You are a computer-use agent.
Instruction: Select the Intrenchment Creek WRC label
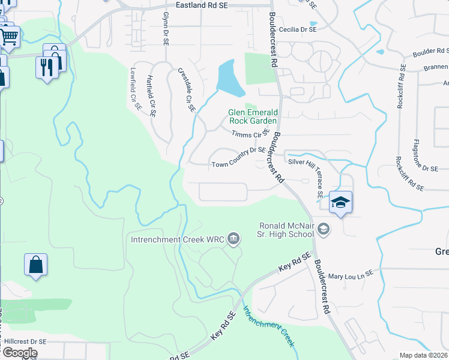tap(178, 240)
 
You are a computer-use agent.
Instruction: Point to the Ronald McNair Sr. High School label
tap(287, 229)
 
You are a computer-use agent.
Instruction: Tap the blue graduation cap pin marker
tap(340, 202)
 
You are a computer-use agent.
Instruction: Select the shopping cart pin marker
tap(9, 36)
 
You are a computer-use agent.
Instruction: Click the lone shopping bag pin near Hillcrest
tap(35, 265)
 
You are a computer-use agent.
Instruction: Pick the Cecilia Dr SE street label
tap(296, 29)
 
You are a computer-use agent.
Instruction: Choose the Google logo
tap(20, 353)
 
